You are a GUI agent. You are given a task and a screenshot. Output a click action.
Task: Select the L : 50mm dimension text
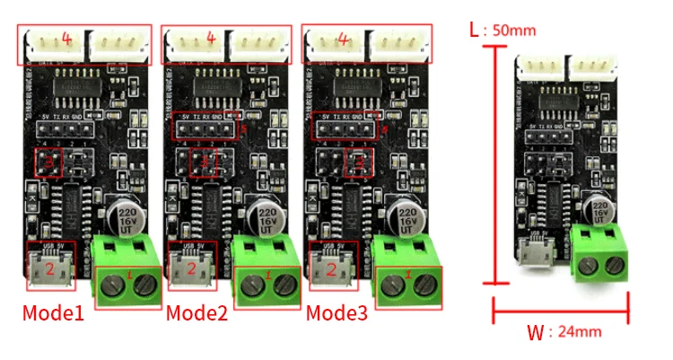[x=503, y=30]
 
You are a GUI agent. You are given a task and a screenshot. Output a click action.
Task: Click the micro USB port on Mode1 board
[x=50, y=268]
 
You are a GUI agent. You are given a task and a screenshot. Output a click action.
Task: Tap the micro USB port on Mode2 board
[x=190, y=268]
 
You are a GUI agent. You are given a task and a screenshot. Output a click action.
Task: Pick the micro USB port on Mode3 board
[x=331, y=268]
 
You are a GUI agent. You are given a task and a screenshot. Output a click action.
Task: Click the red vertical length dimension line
[x=494, y=162]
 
